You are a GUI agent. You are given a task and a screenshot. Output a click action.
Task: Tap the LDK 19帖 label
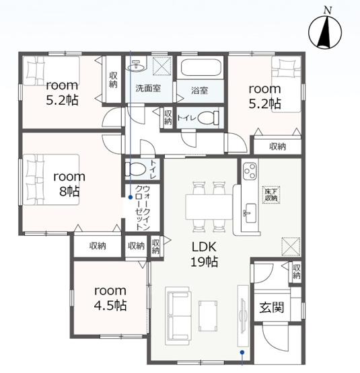204,254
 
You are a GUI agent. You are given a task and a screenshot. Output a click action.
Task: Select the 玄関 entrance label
272,307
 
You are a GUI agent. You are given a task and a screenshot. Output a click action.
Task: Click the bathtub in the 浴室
201,67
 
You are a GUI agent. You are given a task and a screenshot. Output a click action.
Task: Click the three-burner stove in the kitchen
250,171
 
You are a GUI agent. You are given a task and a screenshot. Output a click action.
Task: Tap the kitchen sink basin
250,213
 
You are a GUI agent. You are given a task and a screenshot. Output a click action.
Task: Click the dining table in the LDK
209,207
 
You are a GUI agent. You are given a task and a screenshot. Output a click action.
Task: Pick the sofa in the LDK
178,316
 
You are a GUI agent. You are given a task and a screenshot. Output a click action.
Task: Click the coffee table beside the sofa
208,316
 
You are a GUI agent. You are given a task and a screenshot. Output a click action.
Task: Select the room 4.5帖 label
110,298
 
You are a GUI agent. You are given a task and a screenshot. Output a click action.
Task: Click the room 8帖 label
69,184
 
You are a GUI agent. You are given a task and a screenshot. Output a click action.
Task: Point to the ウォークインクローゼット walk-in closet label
143,208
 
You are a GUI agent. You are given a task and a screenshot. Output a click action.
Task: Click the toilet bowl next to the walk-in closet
135,169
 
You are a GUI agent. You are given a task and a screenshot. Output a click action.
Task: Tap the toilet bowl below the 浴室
208,118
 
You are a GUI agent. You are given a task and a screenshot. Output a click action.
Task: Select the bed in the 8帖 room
51,179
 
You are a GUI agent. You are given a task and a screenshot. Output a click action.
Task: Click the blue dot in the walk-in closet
131,197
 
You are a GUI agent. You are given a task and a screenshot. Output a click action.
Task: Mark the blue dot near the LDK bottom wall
242,351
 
